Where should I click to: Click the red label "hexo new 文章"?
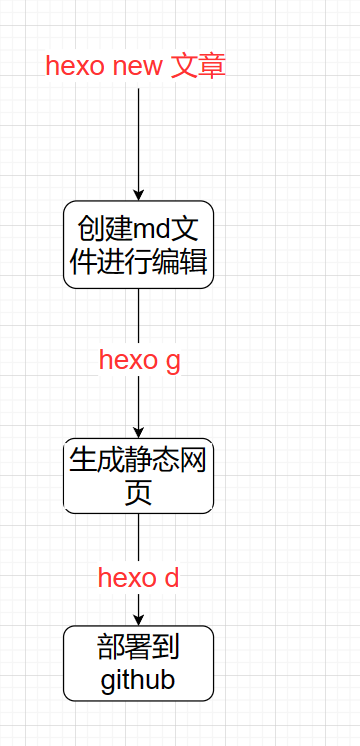[x=136, y=66]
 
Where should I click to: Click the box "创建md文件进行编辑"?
[x=138, y=244]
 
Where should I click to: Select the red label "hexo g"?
[x=139, y=360]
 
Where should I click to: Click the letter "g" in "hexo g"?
[x=172, y=362]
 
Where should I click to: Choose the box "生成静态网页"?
[x=138, y=476]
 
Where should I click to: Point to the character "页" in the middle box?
[x=138, y=493]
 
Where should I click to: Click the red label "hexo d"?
[x=138, y=577]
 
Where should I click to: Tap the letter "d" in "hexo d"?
[x=171, y=577]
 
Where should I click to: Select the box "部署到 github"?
[x=138, y=663]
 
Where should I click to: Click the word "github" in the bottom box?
[x=138, y=680]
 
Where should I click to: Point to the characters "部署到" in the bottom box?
[x=138, y=647]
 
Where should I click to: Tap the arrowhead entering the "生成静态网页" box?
[x=138, y=431]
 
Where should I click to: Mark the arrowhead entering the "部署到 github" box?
[x=138, y=619]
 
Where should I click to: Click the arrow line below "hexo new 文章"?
[x=138, y=140]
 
